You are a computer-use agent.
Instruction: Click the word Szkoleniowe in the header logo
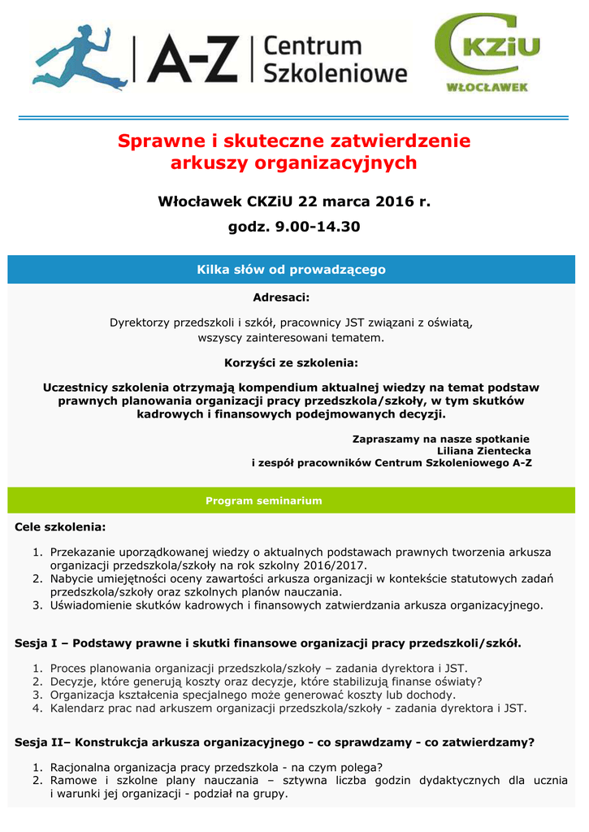(x=335, y=73)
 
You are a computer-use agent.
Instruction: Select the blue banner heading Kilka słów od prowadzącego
(x=291, y=270)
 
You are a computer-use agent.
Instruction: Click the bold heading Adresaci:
(x=281, y=297)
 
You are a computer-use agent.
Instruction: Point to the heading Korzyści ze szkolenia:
(x=291, y=362)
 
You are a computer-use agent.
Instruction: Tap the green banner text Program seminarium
(x=263, y=500)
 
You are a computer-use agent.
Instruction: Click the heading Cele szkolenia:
(x=60, y=527)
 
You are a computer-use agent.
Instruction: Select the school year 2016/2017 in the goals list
(x=333, y=565)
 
